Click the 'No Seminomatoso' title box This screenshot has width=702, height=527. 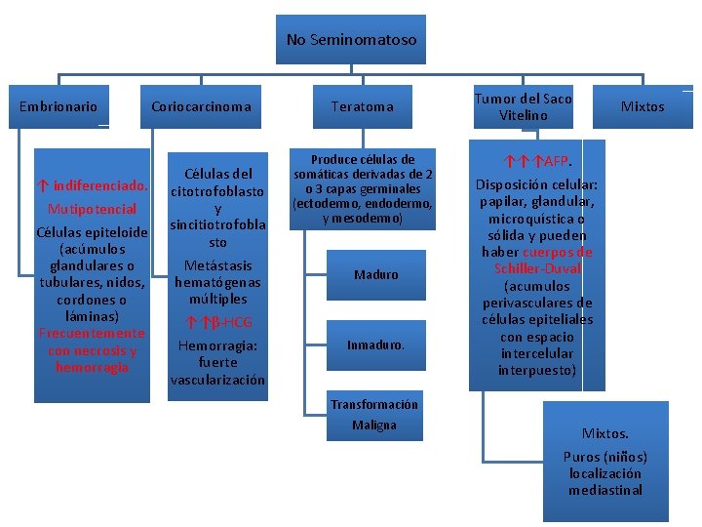351,40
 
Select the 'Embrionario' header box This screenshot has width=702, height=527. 58,106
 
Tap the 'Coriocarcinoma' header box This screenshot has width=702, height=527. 201,106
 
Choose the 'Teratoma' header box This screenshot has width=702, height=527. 362,106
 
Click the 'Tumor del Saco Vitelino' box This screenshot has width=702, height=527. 523,106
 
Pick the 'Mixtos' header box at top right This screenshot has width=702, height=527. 643,106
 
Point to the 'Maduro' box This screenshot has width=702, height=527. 376,274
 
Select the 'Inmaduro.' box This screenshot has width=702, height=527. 376,345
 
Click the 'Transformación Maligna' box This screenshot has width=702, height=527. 373,415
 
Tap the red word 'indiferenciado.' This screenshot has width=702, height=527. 101,184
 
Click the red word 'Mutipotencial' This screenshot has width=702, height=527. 92,209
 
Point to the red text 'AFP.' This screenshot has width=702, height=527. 558,160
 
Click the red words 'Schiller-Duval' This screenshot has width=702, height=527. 536,268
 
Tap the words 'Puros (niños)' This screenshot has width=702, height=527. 604,457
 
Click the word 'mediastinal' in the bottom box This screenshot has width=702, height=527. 605,490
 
